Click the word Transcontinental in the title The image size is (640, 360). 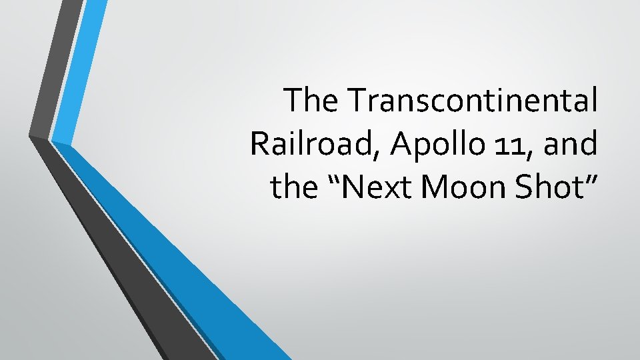(x=472, y=101)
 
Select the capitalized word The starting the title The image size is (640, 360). (x=313, y=101)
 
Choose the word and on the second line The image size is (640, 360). (x=570, y=144)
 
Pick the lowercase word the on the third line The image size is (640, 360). (x=296, y=187)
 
